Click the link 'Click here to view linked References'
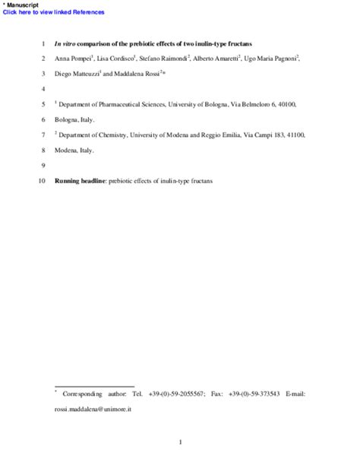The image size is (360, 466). tap(54, 12)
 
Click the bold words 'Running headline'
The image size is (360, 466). tap(81, 181)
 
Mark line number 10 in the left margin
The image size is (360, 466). tap(43, 181)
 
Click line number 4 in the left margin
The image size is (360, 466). tap(45, 89)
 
